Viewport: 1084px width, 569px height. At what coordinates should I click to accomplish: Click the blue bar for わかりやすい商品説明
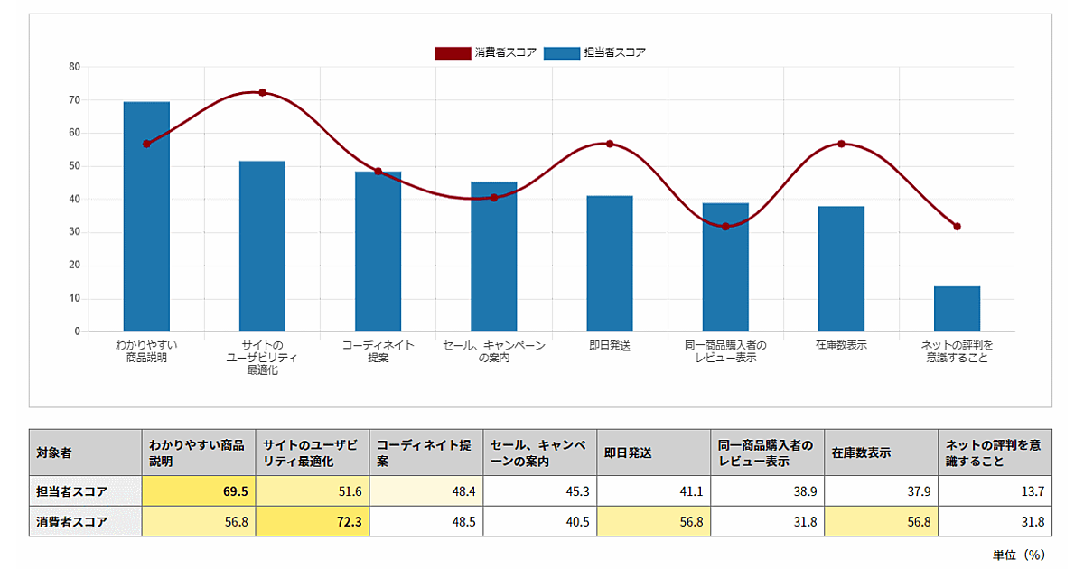[146, 217]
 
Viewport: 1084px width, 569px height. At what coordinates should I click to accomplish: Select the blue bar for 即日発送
[610, 264]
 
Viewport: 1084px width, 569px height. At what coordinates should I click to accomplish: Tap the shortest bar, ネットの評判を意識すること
[957, 309]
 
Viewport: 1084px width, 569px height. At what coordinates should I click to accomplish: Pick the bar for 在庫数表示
[841, 269]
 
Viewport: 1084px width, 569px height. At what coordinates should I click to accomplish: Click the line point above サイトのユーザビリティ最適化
[262, 92]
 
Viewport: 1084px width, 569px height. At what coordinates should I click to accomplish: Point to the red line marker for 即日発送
[610, 144]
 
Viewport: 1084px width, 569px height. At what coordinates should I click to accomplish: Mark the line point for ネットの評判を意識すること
[957, 227]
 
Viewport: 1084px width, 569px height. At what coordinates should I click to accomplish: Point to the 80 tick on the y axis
[74, 67]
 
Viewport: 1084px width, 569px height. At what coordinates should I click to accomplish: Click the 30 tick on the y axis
[74, 232]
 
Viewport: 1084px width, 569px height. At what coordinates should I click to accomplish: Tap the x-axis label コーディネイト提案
[378, 351]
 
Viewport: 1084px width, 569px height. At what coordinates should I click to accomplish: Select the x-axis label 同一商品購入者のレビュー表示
[725, 351]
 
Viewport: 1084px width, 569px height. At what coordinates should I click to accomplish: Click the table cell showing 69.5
[199, 491]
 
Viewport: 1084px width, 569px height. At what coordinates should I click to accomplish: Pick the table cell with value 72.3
[313, 521]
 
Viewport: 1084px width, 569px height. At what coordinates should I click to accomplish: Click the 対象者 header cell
[86, 452]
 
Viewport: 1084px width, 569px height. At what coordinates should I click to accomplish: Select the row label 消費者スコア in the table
[86, 521]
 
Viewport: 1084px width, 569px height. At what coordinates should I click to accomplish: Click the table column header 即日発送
[653, 452]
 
